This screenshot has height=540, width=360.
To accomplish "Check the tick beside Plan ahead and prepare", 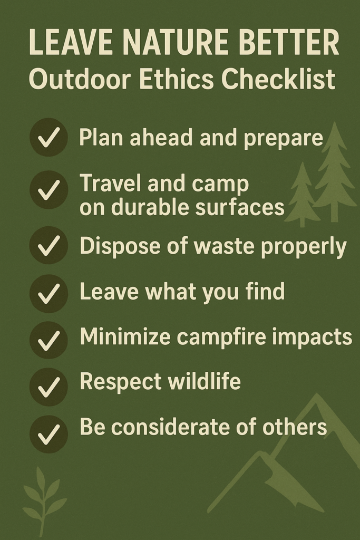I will [x=48, y=138].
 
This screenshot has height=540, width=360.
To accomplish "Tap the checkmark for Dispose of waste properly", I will [x=48, y=245].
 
